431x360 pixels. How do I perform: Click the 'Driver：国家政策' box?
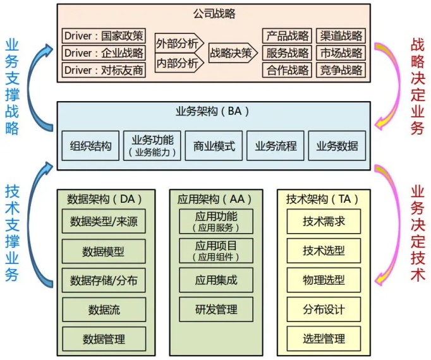tap(104, 36)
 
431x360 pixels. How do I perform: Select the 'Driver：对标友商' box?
tap(104, 70)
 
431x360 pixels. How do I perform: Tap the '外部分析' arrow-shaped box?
tap(179, 43)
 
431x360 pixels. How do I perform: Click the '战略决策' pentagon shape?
tap(233, 53)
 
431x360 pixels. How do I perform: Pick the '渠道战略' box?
tap(341, 36)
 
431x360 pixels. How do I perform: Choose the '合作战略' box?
tap(287, 70)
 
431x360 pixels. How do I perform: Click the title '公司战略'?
tap(214, 13)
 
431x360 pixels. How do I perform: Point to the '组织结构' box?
tap(90, 146)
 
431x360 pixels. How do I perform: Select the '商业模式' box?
tap(214, 146)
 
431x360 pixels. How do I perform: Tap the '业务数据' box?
tap(337, 146)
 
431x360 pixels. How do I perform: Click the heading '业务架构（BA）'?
tap(212, 111)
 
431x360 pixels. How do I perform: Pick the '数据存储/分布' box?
tap(104, 280)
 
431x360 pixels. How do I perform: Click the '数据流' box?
tap(104, 309)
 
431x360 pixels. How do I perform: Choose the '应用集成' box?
tap(216, 280)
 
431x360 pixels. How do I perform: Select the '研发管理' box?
tap(216, 309)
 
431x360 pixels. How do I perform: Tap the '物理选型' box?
tap(324, 280)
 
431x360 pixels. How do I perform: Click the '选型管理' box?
tap(324, 339)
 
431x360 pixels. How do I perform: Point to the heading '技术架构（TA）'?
tap(322, 199)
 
